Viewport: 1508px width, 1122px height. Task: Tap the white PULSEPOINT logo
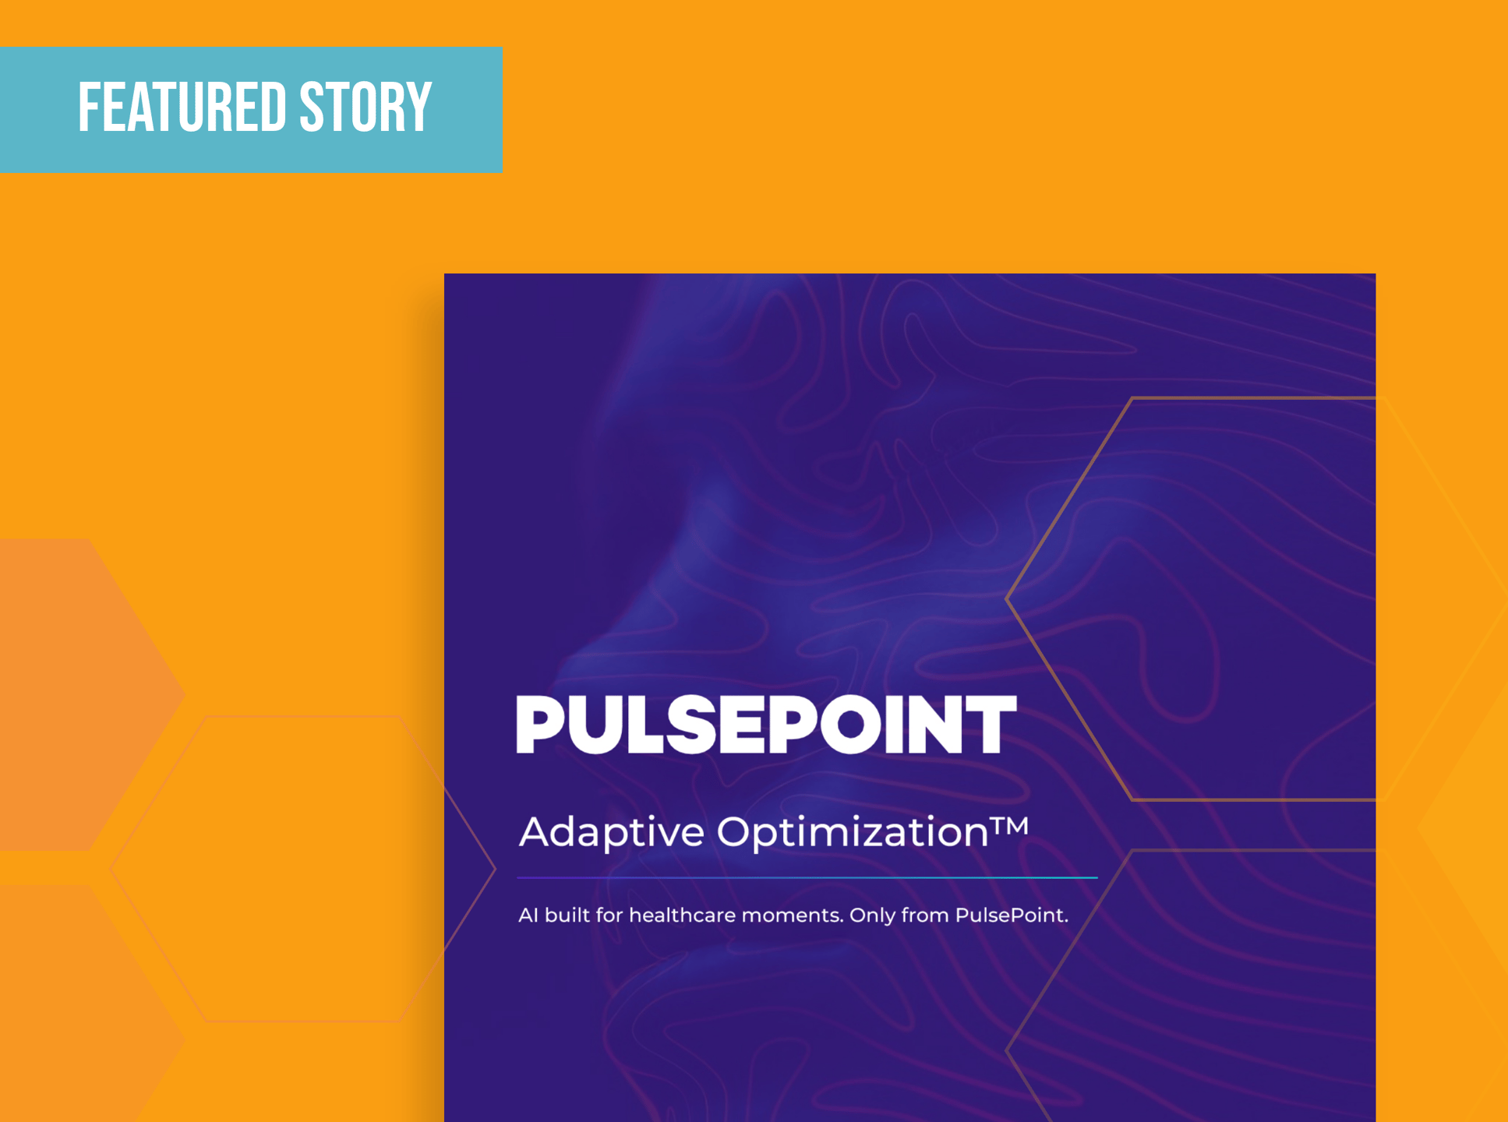click(x=766, y=725)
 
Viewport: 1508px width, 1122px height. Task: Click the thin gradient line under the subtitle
click(x=807, y=877)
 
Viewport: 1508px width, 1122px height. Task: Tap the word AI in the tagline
click(x=528, y=915)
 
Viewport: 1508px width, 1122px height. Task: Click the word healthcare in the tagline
click(x=682, y=915)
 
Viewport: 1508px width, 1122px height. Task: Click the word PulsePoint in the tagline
click(x=1011, y=915)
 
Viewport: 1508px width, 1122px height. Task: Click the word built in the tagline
click(x=567, y=915)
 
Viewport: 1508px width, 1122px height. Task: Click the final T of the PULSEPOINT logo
click(x=989, y=725)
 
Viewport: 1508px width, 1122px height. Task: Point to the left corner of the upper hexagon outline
click(x=1008, y=599)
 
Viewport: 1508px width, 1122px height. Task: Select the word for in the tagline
click(x=609, y=915)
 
